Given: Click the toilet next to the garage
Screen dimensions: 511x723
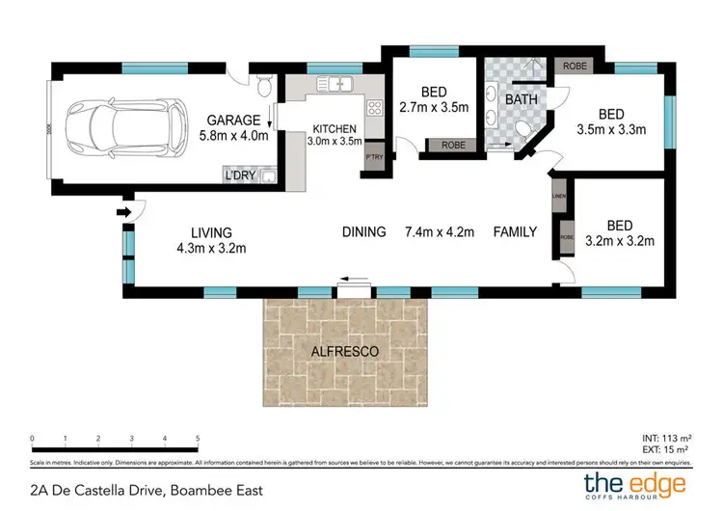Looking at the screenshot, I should click(x=266, y=89).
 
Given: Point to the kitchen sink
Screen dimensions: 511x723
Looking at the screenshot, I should click(x=337, y=85).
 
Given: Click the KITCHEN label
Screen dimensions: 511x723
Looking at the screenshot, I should click(x=335, y=129).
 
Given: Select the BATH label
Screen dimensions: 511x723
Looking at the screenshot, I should click(x=522, y=99).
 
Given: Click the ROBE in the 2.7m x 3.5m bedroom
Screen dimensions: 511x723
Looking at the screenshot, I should click(x=452, y=145).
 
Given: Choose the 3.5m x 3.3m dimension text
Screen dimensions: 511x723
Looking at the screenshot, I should click(x=611, y=128).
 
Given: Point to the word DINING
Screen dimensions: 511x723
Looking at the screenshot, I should click(x=364, y=231).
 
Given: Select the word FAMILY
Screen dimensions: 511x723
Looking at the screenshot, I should click(x=515, y=231).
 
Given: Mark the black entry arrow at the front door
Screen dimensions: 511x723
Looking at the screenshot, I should click(x=123, y=211).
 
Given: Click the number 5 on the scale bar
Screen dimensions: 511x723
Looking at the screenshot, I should click(x=198, y=439).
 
